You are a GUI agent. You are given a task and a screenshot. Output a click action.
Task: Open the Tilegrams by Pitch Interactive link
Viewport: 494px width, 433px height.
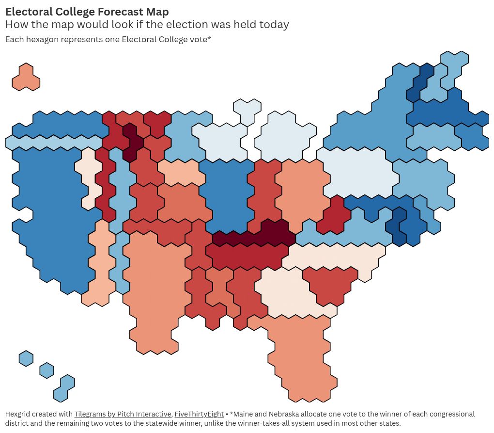coord(123,414)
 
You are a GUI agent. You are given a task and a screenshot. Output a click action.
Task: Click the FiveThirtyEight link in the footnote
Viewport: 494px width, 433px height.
coord(199,414)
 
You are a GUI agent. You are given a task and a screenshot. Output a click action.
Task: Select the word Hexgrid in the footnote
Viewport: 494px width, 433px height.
coord(19,414)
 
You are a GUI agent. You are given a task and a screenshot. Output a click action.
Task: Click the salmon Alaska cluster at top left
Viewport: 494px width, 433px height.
coord(26,77)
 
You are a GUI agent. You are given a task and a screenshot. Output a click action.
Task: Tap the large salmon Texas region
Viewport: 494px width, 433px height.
coord(155,291)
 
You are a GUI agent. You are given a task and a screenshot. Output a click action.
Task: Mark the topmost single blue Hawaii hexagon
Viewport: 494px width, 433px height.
coord(26,359)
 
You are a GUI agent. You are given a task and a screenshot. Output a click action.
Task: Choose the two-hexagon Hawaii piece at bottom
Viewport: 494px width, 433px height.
coord(64,388)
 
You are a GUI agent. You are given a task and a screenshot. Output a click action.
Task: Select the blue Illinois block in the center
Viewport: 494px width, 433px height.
coord(226,194)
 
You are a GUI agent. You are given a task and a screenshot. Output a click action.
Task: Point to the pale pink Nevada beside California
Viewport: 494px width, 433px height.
coord(89,177)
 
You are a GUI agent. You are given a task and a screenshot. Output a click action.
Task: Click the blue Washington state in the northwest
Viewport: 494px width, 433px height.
coord(58,125)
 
